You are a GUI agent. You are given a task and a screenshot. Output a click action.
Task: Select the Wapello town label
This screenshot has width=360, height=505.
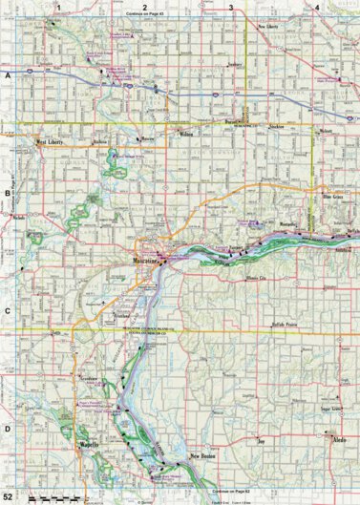pos(89,444)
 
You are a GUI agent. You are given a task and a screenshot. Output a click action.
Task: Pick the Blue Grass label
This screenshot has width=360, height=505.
pos(331,196)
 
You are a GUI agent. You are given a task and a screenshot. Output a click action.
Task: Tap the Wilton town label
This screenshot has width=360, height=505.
pos(185,135)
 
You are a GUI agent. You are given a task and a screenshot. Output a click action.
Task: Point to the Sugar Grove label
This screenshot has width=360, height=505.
pos(330,407)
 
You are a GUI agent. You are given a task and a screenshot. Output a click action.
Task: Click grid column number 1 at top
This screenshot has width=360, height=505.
pos(58,7)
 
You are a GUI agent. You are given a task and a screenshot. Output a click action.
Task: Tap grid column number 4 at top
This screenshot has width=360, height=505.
pos(317,7)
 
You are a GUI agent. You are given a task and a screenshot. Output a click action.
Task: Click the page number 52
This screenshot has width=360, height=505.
pos(8,497)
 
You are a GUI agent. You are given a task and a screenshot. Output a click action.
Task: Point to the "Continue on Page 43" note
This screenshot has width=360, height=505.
pos(145,15)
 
